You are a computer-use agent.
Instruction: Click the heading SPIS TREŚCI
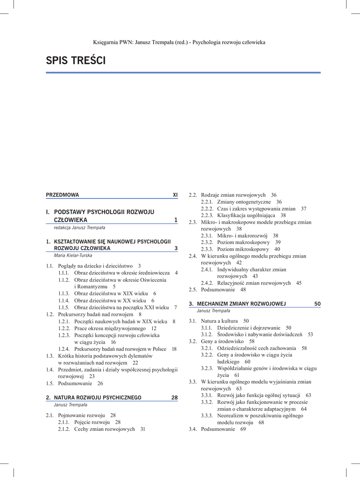[75, 61]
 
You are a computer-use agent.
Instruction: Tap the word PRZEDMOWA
[62, 195]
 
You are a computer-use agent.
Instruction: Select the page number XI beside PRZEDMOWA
[175, 195]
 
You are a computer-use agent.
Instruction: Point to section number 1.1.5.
[64, 307]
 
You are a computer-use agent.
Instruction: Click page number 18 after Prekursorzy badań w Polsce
[174, 349]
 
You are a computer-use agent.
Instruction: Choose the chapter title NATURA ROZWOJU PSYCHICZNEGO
[98, 397]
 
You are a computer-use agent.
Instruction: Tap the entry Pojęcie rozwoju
[92, 422]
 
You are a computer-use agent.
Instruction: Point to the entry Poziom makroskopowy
[243, 242]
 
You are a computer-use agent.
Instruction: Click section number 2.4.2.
[207, 283]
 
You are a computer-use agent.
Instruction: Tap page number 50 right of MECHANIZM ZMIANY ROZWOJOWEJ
[317, 304]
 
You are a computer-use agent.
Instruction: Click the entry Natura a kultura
[219, 321]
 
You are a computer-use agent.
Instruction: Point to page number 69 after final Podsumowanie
[243, 429]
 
